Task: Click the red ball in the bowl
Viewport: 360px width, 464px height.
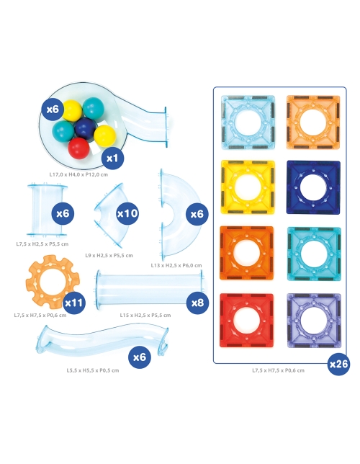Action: tap(78, 148)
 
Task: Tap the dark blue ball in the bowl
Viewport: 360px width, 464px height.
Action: tap(85, 128)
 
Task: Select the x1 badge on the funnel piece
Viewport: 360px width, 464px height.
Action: tap(112, 159)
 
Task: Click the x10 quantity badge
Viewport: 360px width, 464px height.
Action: tap(127, 213)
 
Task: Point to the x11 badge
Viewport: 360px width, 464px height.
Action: tap(74, 303)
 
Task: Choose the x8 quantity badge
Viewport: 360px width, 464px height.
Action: tap(197, 303)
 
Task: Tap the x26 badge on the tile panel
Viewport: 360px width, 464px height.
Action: tap(338, 364)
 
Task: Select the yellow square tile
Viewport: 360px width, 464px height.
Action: tap(248, 187)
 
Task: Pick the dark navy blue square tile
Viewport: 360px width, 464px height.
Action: tap(313, 187)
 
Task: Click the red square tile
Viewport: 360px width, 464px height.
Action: tap(246, 320)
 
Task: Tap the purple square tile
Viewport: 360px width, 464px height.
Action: tap(314, 321)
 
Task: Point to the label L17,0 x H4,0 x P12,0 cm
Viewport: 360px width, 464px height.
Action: tap(78, 174)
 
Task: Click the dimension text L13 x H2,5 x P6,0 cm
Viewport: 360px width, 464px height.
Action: tap(176, 265)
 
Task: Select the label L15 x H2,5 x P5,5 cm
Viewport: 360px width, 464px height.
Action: tap(145, 315)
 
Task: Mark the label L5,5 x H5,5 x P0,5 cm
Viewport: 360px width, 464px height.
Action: tap(93, 370)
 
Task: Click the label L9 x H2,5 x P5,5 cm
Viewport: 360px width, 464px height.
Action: tap(109, 255)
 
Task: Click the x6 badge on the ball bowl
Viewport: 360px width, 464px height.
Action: tap(53, 110)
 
